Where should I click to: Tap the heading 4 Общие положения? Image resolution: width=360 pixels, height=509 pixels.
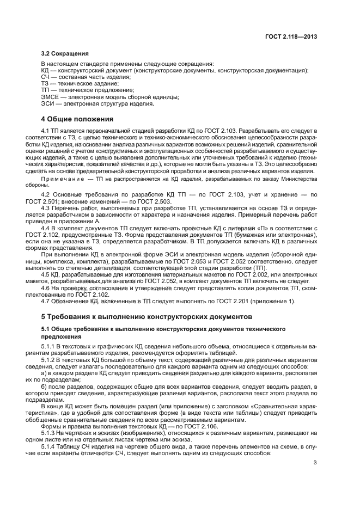click(x=77, y=119)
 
